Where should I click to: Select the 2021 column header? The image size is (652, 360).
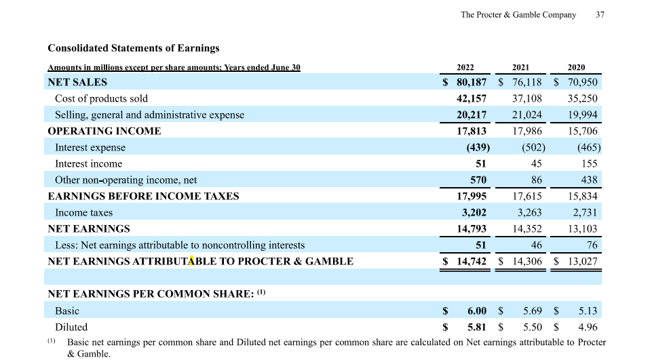pos(520,67)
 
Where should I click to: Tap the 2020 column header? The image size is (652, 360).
pos(576,67)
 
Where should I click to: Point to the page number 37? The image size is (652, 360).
pos(600,15)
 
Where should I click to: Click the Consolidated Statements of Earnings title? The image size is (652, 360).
pos(134,48)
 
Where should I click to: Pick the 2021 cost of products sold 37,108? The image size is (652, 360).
pos(527,99)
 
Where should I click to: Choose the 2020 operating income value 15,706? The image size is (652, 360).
pos(583,132)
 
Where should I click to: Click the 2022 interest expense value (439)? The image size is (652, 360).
pos(476,148)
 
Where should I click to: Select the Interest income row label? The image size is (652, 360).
pos(88,164)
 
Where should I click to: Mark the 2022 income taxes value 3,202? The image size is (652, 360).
pos(474,213)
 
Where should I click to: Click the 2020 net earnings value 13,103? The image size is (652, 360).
pos(583,229)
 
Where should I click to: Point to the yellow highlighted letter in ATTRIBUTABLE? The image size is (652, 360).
pos(191,261)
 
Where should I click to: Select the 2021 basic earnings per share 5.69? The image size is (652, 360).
pos(533,311)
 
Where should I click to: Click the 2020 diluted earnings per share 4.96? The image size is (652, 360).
pos(588,327)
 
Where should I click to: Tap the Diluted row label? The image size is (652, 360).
pos(71,327)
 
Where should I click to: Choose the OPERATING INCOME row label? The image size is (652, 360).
pos(104,132)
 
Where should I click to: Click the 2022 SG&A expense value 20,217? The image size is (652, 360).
pos(471,115)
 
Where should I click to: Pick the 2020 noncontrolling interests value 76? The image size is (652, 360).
pos(592,245)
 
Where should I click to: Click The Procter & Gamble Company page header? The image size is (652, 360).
pos(518,15)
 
